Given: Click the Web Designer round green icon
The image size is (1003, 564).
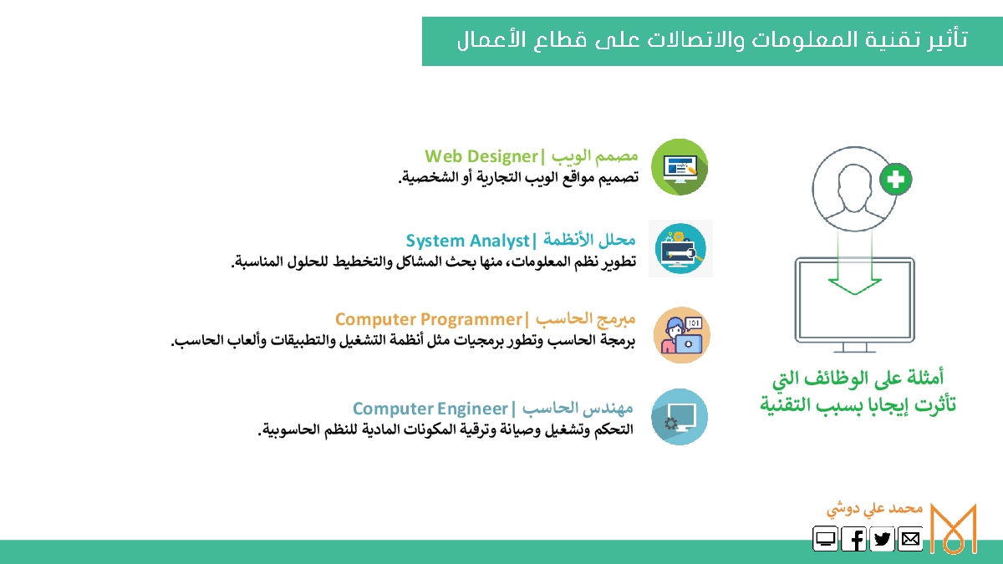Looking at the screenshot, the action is [x=680, y=167].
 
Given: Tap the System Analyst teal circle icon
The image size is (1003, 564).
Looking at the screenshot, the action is [x=680, y=248].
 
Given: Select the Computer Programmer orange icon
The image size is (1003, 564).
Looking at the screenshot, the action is [x=681, y=335].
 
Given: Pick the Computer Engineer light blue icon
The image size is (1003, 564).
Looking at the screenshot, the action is [x=680, y=417].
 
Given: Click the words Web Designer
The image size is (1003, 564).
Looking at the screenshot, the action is [x=481, y=156].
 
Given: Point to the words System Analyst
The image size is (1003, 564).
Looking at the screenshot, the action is [x=467, y=241].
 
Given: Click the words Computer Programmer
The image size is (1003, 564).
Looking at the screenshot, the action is [x=429, y=319].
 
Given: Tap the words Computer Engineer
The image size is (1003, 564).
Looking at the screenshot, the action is [x=430, y=409].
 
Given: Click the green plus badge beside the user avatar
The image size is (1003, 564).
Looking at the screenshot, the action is [x=895, y=180].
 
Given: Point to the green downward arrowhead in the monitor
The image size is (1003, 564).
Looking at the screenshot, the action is [x=855, y=287].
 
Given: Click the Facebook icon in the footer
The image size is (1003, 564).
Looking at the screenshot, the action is [x=853, y=538].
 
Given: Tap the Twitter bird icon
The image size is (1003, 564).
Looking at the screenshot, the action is [x=882, y=538].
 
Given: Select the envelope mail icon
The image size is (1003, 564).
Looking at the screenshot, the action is [x=910, y=538].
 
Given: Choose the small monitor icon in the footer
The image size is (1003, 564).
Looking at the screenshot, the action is [x=825, y=538].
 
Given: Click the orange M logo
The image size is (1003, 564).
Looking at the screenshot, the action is [x=954, y=529].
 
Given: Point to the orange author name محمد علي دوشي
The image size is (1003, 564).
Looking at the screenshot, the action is [x=874, y=510].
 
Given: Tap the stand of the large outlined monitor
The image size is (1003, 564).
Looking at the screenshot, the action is [x=855, y=348].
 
